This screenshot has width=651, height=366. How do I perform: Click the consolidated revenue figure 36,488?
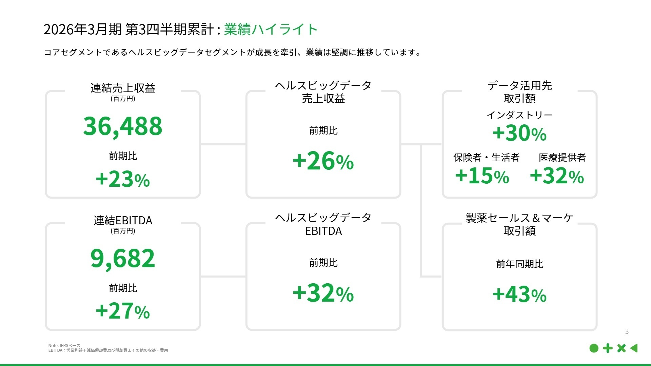[123, 126]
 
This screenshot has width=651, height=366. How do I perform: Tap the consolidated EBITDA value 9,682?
[123, 258]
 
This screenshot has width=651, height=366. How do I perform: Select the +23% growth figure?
[123, 179]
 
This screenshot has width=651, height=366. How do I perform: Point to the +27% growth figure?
[123, 311]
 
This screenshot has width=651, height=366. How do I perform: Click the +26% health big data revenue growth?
[323, 161]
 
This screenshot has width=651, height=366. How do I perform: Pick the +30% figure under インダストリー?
[519, 133]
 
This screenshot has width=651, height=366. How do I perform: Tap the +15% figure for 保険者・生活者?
[482, 176]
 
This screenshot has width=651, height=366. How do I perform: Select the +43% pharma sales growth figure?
[519, 294]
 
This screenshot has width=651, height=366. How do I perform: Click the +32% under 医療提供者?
[557, 176]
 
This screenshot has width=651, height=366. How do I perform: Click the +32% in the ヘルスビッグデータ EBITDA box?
[323, 293]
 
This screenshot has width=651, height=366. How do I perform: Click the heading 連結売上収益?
[123, 88]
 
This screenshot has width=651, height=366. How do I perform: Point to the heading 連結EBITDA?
[123, 221]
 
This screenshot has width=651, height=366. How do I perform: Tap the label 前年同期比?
[519, 264]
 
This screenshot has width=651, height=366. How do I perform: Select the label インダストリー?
[519, 115]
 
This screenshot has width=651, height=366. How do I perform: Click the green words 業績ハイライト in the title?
[271, 29]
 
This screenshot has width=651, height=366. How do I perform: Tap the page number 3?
[627, 331]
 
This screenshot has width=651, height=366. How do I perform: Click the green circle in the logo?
[594, 348]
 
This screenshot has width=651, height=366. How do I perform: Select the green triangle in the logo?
[634, 348]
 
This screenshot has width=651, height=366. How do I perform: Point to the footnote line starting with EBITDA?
[108, 350]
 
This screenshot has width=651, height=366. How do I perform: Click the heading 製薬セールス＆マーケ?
[519, 218]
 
